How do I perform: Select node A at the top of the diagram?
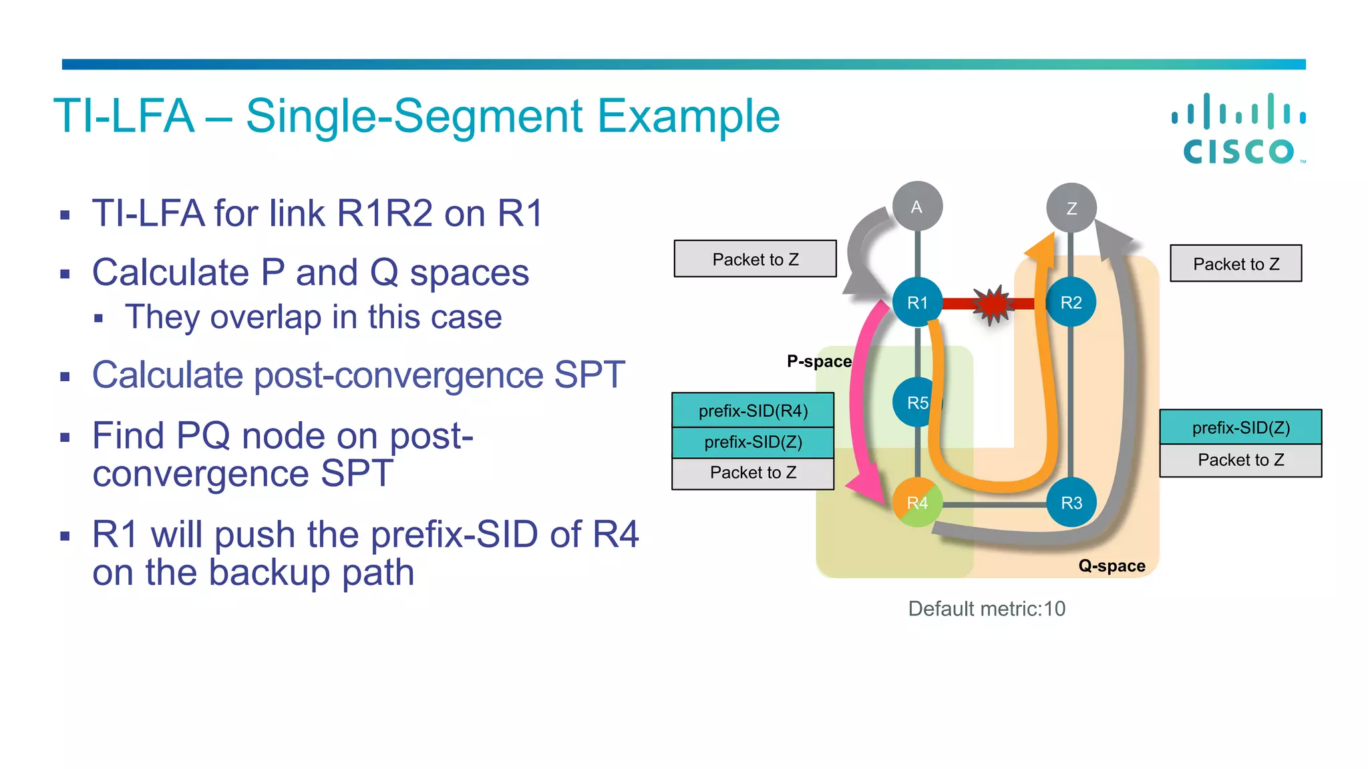tap(917, 206)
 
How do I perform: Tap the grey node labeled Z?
tap(1071, 208)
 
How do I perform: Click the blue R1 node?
tap(917, 302)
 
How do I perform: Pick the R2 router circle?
tap(1071, 302)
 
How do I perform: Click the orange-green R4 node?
tap(917, 503)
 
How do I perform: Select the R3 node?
tap(1071, 503)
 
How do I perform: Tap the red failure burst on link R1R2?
tap(993, 304)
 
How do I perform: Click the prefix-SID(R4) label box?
tap(753, 411)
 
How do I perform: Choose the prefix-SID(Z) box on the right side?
tap(1240, 427)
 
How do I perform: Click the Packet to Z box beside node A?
tap(755, 259)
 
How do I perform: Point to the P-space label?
tap(819, 361)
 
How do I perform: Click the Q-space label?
tap(1111, 566)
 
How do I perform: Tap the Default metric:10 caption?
tap(987, 609)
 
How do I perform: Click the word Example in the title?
tap(688, 116)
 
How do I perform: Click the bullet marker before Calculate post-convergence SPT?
tap(65, 376)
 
